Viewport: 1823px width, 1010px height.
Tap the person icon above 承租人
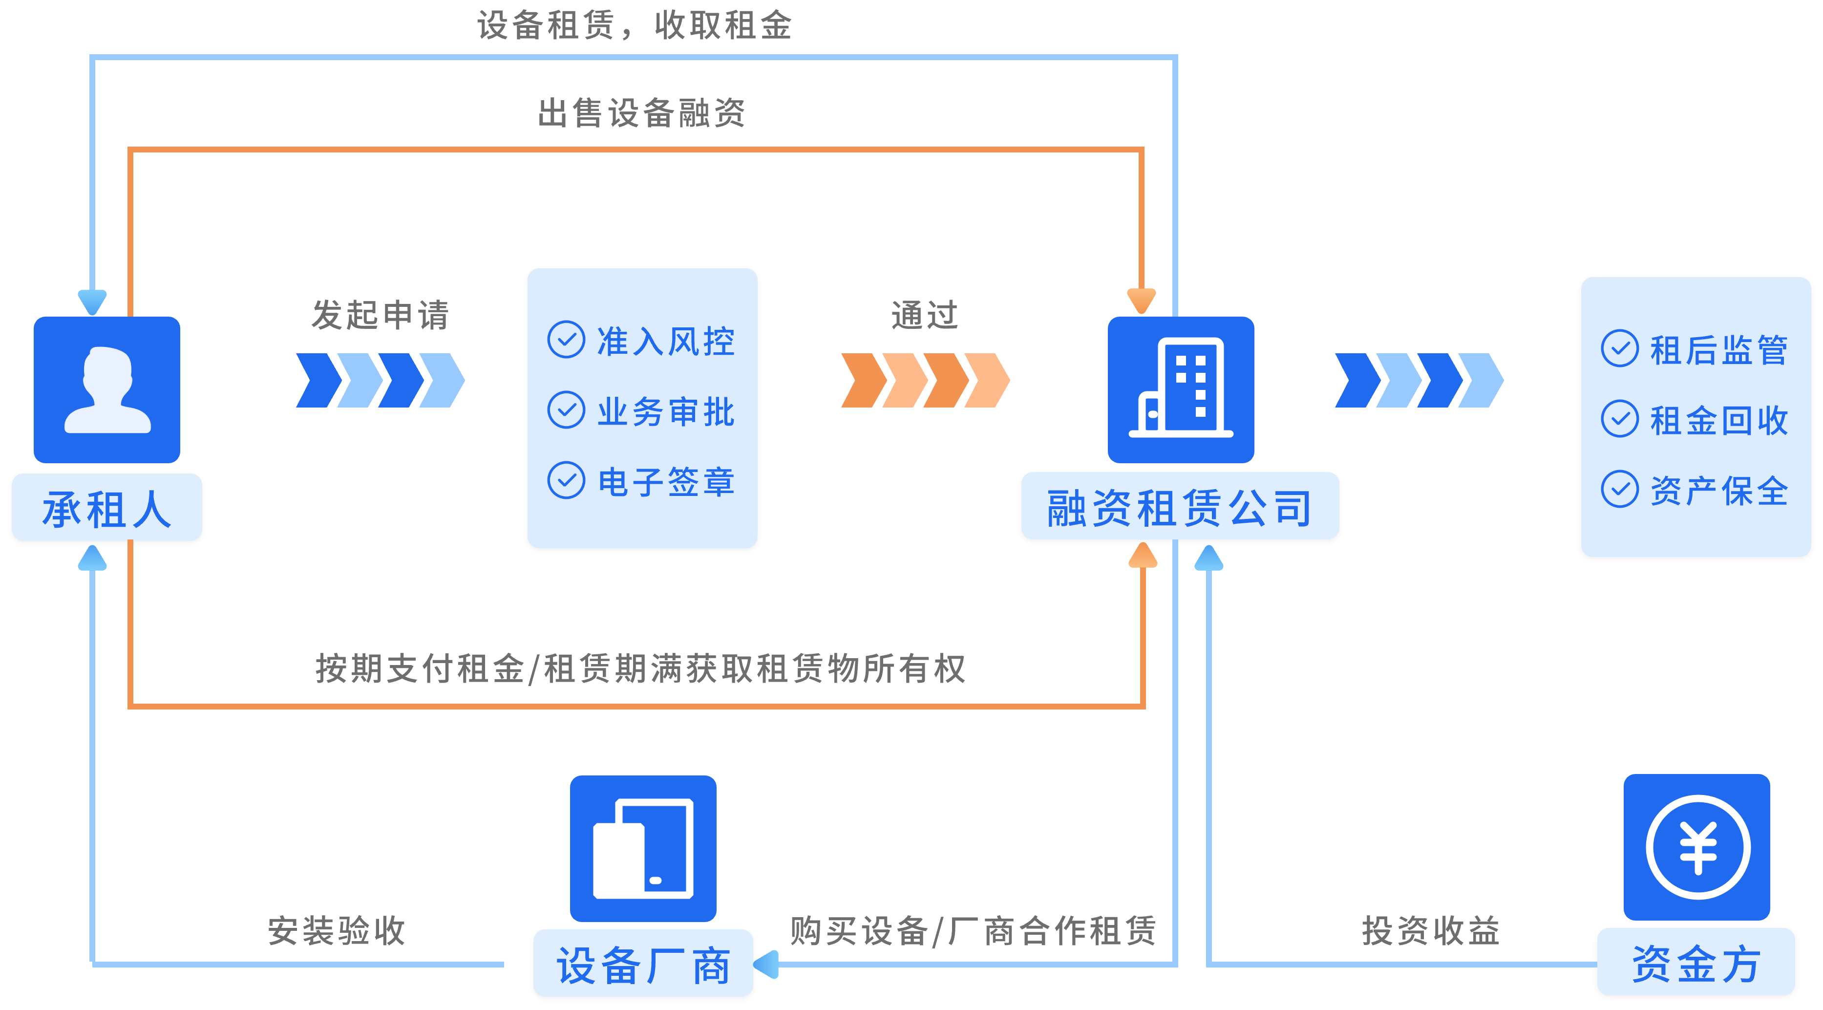(x=107, y=389)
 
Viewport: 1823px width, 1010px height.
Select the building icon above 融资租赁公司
(x=1181, y=389)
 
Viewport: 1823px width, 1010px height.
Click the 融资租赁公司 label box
(x=1180, y=507)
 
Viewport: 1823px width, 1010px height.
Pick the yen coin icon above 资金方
(x=1697, y=847)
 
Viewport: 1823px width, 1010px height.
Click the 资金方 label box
(x=1696, y=963)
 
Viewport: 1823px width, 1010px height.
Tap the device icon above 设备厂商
(x=642, y=849)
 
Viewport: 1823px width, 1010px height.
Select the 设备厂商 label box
(x=642, y=964)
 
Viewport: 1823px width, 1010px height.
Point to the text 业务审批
(x=666, y=411)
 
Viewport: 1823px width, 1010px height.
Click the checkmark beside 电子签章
(x=566, y=481)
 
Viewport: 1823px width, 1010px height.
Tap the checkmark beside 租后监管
(x=1620, y=348)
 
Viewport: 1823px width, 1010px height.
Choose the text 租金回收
(x=1719, y=420)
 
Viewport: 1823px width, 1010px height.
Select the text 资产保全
(x=1719, y=490)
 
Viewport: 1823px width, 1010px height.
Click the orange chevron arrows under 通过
(x=925, y=381)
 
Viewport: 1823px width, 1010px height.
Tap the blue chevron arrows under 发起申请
(x=380, y=381)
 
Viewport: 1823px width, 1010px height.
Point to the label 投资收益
(x=1431, y=930)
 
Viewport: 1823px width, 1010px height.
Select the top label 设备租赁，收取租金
(x=634, y=25)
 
